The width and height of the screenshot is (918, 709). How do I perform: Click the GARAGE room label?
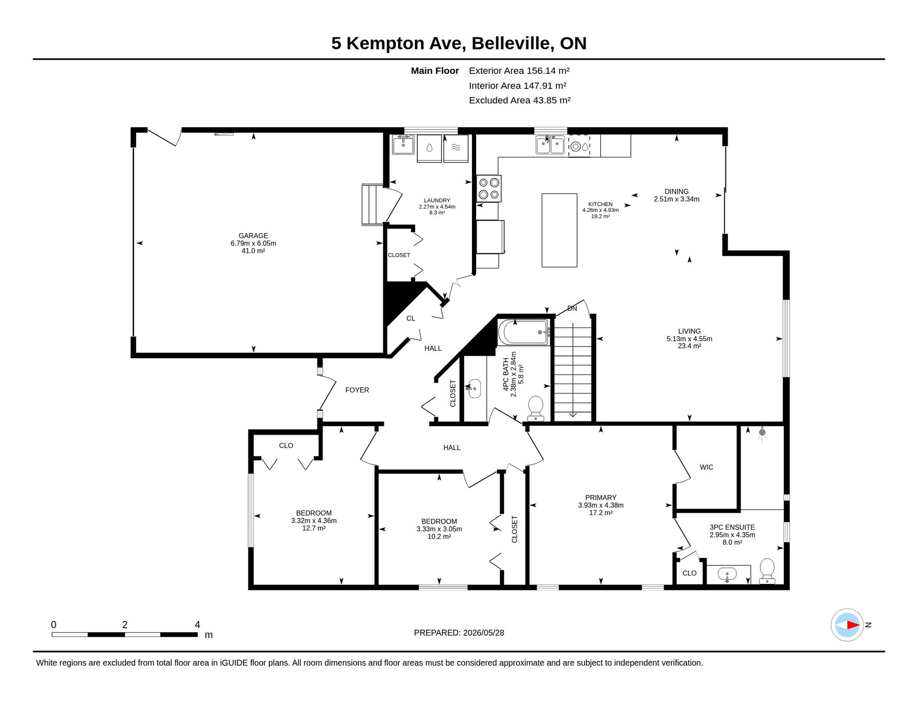[253, 236]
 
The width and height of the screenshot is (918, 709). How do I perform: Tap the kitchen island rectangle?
[559, 230]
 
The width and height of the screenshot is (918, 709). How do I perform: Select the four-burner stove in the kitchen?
[489, 188]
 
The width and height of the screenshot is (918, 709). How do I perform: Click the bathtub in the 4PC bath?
[524, 332]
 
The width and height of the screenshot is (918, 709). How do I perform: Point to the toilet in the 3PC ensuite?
[767, 571]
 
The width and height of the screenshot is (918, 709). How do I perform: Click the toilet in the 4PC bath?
[536, 409]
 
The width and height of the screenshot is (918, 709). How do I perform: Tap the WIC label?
[707, 468]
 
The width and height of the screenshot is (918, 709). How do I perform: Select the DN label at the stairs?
[572, 308]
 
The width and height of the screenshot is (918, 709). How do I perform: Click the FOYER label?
[357, 390]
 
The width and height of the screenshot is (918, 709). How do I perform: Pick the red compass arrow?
[853, 625]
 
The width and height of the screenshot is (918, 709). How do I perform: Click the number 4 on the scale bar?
[197, 625]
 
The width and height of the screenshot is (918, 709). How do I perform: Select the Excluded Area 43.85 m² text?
[520, 101]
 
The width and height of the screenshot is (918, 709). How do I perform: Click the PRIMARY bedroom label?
[601, 498]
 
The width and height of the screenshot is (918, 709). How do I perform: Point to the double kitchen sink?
[550, 145]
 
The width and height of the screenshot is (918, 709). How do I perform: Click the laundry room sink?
[403, 144]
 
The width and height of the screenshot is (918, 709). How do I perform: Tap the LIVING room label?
[689, 331]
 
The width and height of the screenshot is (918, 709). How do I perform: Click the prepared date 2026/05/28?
[483, 633]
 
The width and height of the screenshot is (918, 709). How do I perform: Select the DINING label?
[676, 192]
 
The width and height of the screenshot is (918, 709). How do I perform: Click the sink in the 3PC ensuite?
[727, 575]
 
